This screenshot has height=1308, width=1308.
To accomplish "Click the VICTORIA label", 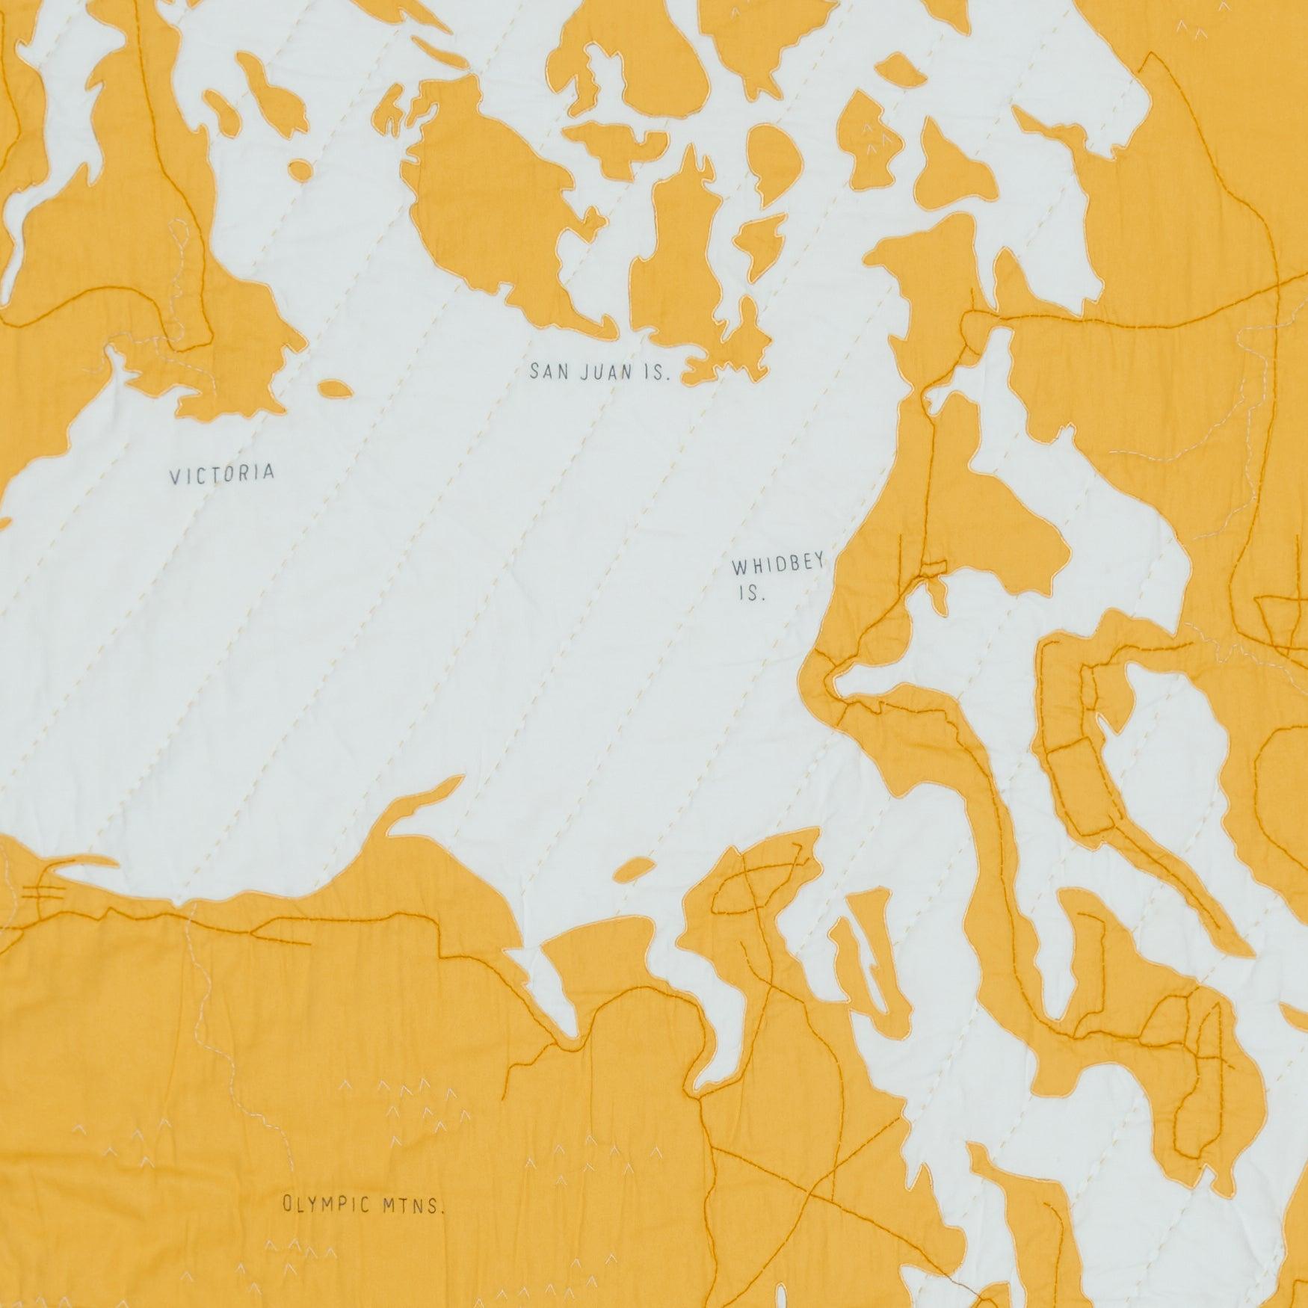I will pyautogui.click(x=222, y=474).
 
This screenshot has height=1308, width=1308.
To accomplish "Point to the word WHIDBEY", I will pyautogui.click(x=777, y=567).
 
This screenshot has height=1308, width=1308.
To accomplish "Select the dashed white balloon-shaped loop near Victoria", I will pyautogui.click(x=179, y=243).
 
